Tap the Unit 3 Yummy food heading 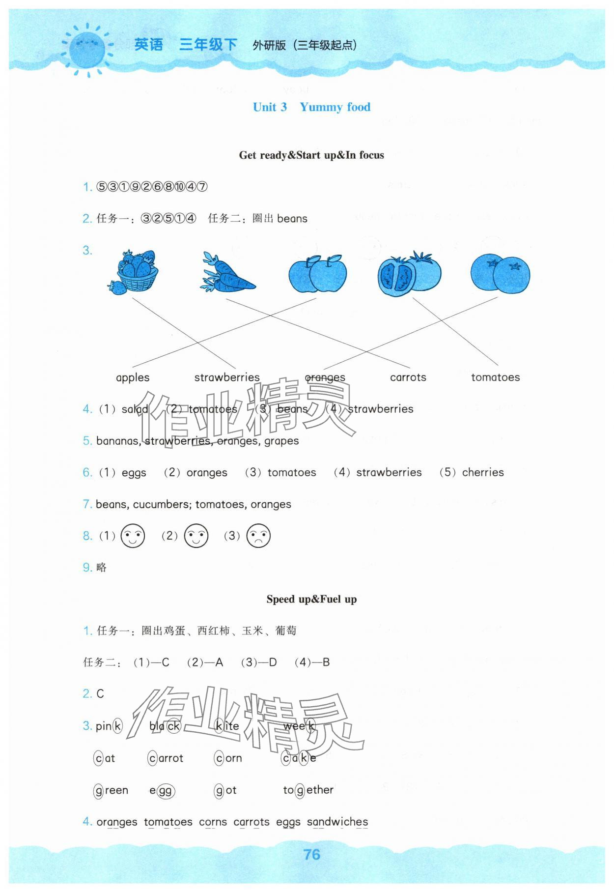311,107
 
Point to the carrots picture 227,273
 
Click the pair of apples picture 317,273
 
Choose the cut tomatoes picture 409,273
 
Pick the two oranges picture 500,273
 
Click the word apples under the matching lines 133,377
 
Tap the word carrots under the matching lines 408,377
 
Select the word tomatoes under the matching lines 495,377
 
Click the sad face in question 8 258,536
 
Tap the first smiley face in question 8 133,536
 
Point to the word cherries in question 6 483,472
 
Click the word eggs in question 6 134,473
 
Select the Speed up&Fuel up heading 311,599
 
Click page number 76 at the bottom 312,855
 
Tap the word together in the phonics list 308,790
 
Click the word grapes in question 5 281,441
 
